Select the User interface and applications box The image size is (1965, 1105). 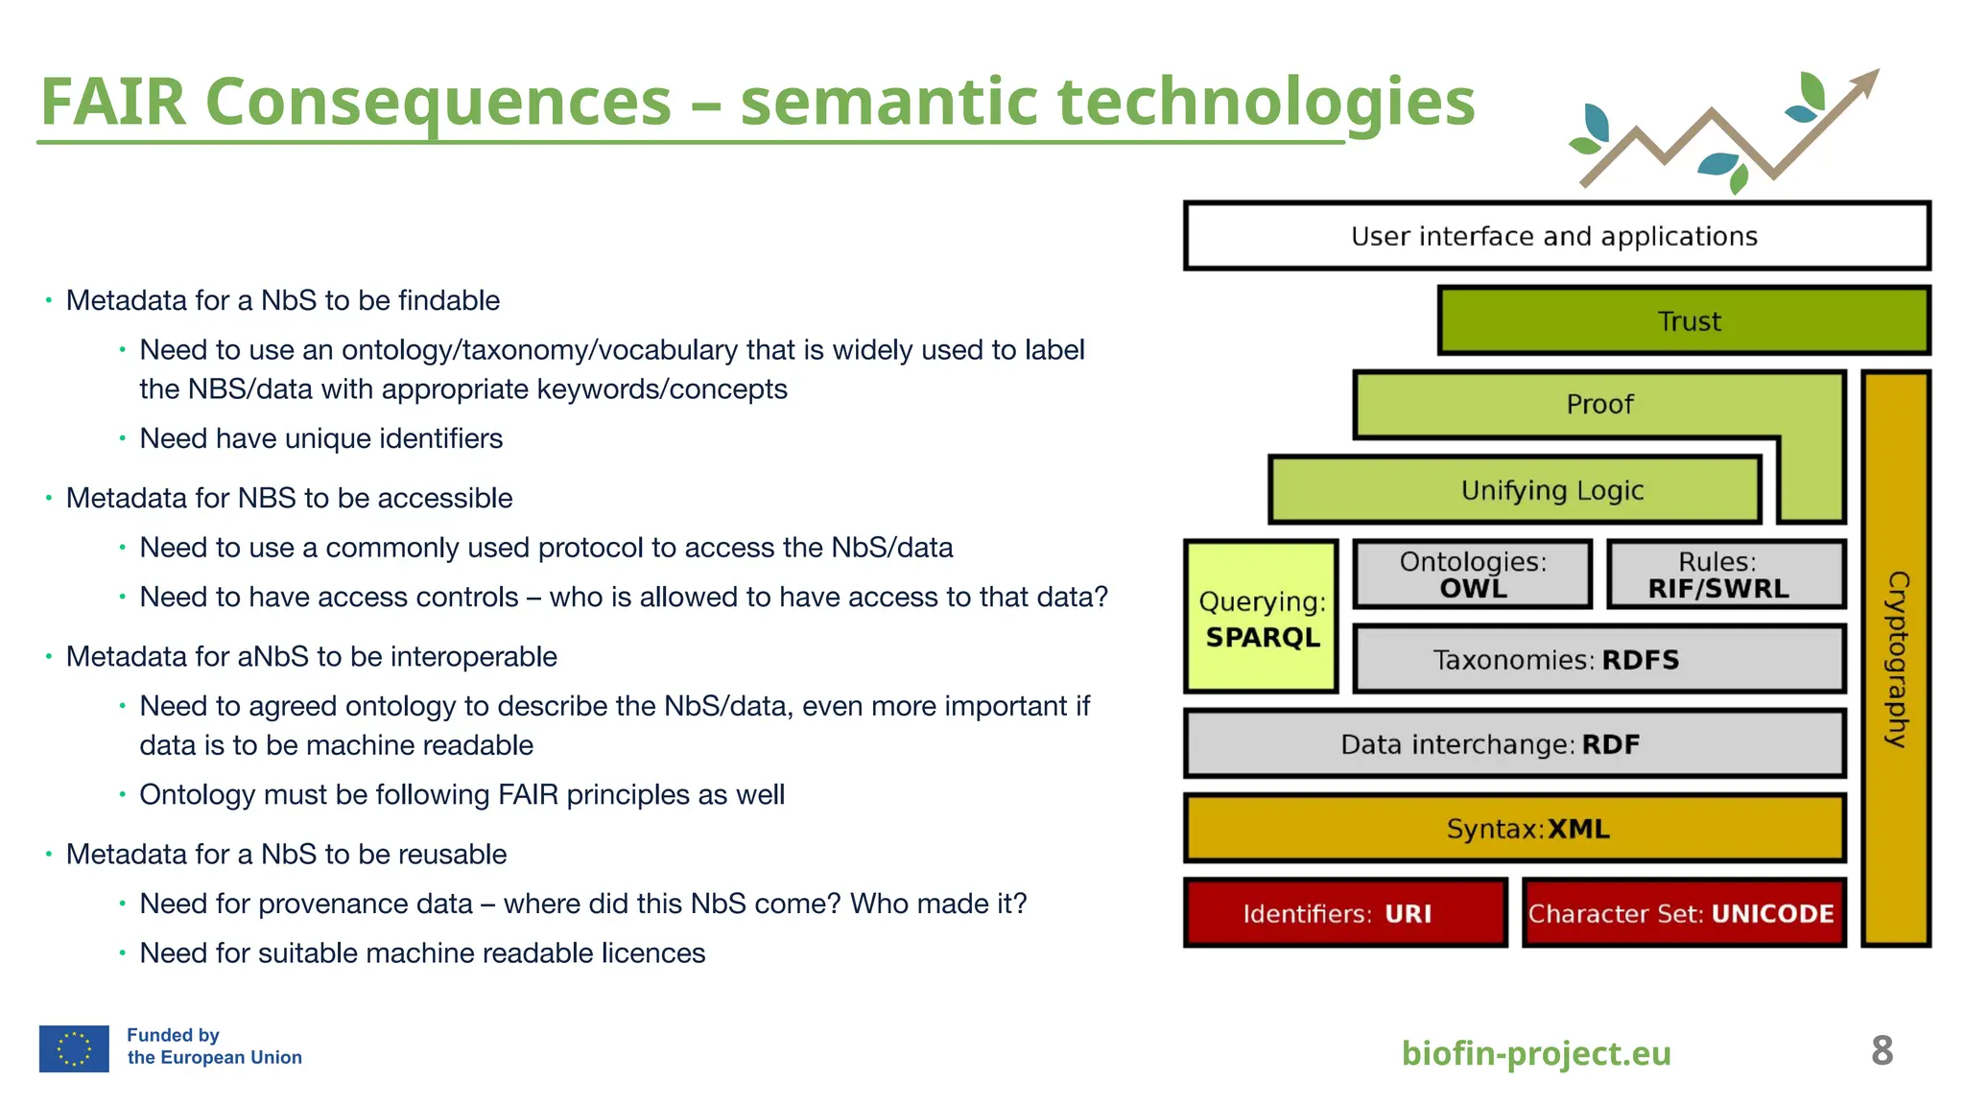(x=1555, y=236)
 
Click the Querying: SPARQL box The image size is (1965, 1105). (x=1262, y=618)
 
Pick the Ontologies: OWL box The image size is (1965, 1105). (x=1473, y=575)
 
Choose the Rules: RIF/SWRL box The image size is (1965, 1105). (x=1725, y=575)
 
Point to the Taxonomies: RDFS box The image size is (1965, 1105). (x=1598, y=660)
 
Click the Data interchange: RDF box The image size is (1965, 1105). (x=1514, y=744)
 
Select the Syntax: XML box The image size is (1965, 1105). (x=1514, y=829)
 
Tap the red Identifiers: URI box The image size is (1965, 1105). (x=1345, y=913)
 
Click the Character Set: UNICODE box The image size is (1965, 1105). (x=1684, y=913)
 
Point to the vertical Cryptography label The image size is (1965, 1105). (x=1897, y=659)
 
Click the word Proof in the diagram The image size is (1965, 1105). (x=1599, y=405)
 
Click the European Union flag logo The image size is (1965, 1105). (x=74, y=1048)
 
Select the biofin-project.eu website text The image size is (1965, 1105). (x=1536, y=1053)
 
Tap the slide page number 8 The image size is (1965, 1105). (x=1882, y=1051)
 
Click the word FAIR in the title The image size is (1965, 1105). (x=112, y=102)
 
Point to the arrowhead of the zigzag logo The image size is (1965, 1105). (x=1866, y=81)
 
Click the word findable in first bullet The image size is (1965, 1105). (x=449, y=301)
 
